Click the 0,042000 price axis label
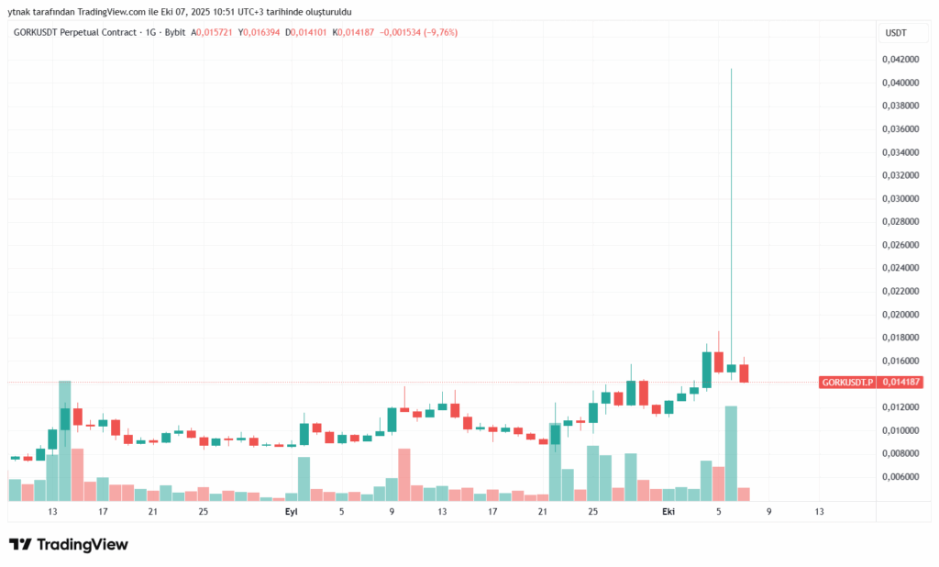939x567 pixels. (x=900, y=60)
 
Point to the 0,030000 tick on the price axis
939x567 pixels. (x=900, y=198)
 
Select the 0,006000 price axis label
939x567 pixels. (x=900, y=477)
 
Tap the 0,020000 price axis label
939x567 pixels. (x=900, y=315)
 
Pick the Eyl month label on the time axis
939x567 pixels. (x=291, y=512)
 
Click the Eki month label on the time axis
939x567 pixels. (x=668, y=512)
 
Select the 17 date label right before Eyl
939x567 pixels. (x=103, y=512)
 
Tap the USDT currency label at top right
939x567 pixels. (x=895, y=33)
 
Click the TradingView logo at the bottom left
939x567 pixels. (x=69, y=544)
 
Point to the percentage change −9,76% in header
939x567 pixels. (x=437, y=33)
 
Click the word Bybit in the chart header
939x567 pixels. (x=173, y=33)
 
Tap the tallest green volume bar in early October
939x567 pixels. (x=731, y=452)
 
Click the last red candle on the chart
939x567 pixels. (x=744, y=372)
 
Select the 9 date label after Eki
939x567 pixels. (x=768, y=512)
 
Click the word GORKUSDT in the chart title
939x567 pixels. (x=42, y=33)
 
